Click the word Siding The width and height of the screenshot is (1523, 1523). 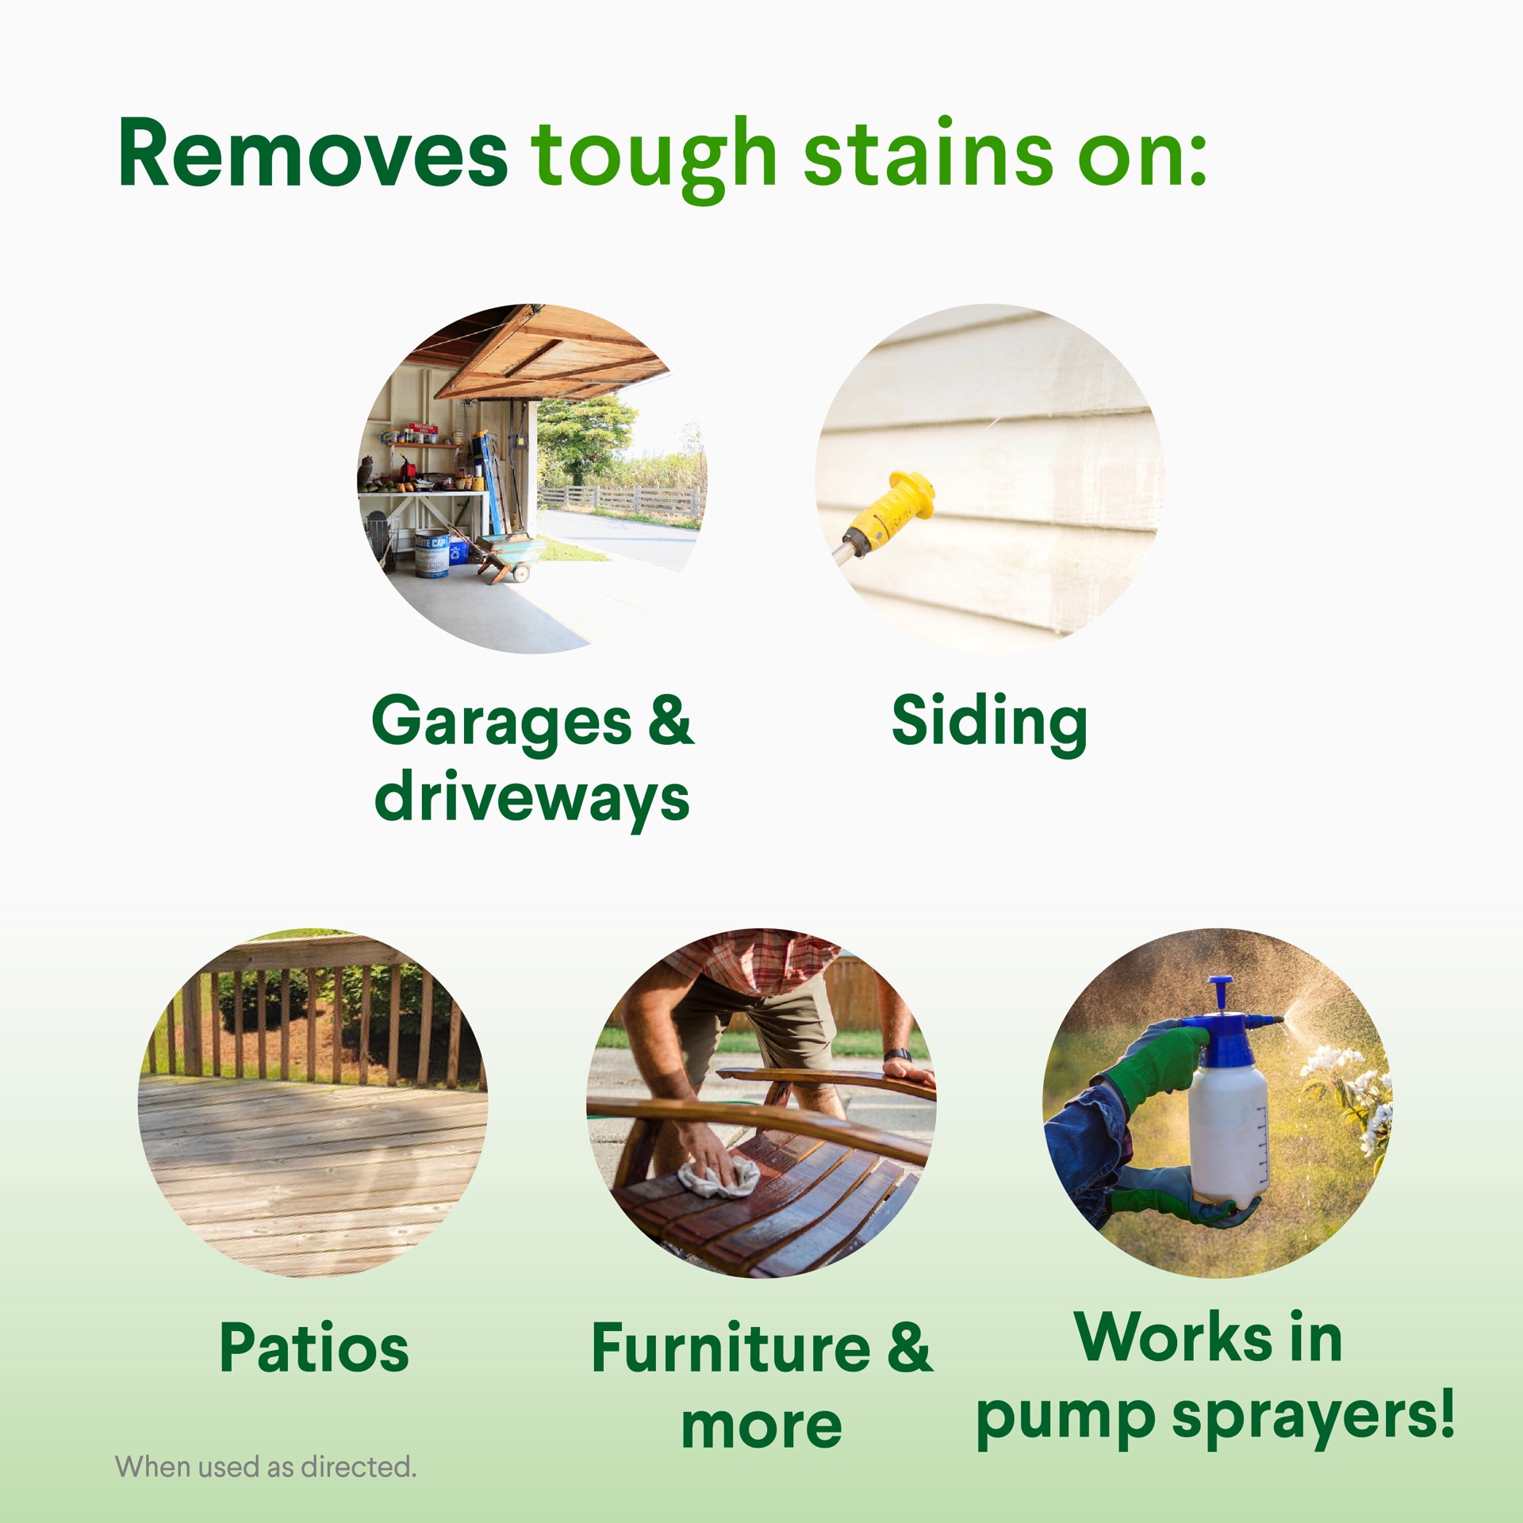click(988, 722)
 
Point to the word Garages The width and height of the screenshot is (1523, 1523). click(501, 722)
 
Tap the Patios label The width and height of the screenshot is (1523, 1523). click(314, 1348)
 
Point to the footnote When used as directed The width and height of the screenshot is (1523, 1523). click(266, 1467)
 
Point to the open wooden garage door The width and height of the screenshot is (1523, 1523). click(547, 353)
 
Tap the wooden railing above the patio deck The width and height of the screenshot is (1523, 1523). click(317, 1007)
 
